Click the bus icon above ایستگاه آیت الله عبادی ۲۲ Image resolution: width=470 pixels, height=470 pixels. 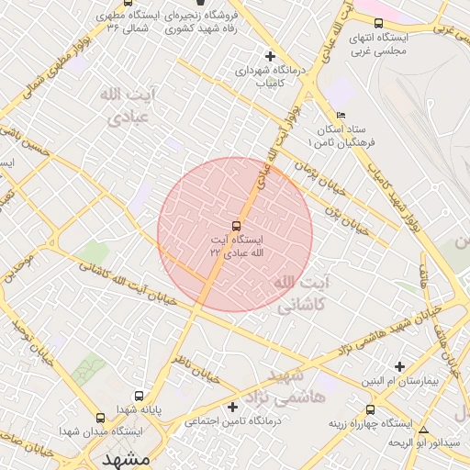tap(236, 225)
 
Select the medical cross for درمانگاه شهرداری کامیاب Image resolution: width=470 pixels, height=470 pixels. tap(269, 57)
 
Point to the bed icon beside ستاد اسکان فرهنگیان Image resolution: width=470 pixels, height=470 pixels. tap(341, 116)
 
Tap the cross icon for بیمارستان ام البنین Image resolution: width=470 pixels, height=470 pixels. tap(398, 366)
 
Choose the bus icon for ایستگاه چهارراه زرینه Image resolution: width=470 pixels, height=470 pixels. tap(370, 410)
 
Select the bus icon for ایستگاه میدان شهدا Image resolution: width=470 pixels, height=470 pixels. tap(100, 418)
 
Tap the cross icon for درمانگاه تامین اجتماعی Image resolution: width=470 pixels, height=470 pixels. tap(232, 407)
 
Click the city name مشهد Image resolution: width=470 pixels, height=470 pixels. tap(125, 457)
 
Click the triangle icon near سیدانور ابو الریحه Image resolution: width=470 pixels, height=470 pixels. tap(422, 430)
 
